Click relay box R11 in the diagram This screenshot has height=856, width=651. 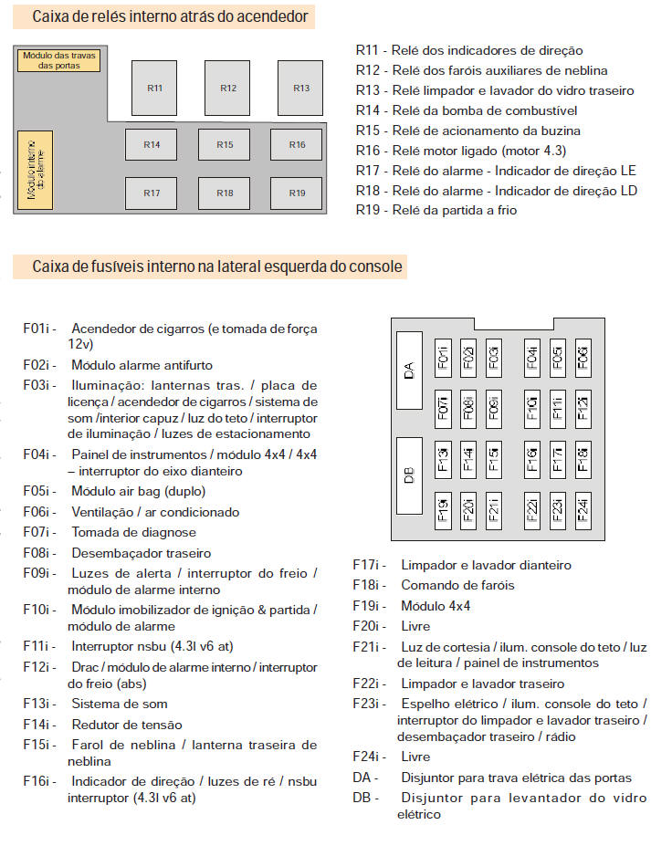pos(155,88)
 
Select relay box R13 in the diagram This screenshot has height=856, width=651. pos(301,88)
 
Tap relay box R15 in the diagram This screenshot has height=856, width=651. pos(225,144)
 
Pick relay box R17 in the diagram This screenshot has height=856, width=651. pos(152,193)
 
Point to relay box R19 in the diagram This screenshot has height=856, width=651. pos(297,193)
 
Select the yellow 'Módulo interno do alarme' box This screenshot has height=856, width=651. pos(36,170)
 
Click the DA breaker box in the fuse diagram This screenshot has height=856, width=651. pos(409,371)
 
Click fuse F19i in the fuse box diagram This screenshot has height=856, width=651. pos(443,508)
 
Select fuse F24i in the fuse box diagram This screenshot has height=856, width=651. pos(583,508)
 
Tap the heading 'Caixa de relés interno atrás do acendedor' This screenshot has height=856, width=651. pos(170,16)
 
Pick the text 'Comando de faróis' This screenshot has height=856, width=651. pos(457,585)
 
